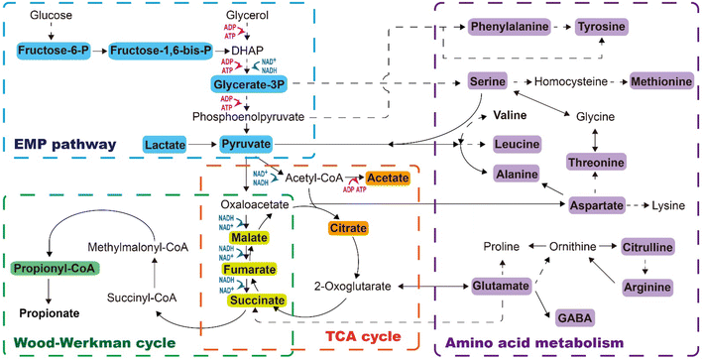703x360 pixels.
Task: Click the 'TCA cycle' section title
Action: pyautogui.click(x=362, y=341)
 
